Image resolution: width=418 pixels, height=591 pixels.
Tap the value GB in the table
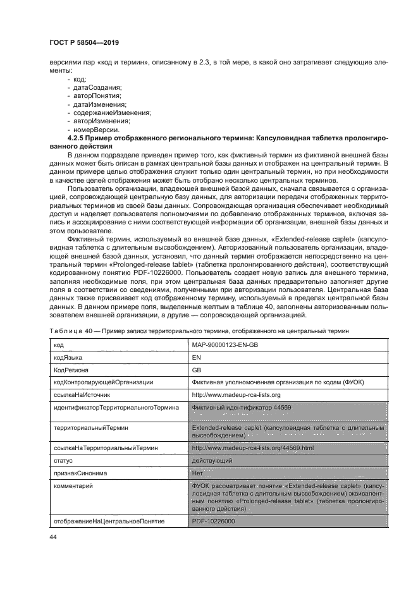point(196,370)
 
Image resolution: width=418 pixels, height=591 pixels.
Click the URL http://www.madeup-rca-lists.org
point(236,394)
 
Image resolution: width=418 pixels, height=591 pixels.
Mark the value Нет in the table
point(197,472)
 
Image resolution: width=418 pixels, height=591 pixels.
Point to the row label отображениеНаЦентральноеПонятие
point(109,521)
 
